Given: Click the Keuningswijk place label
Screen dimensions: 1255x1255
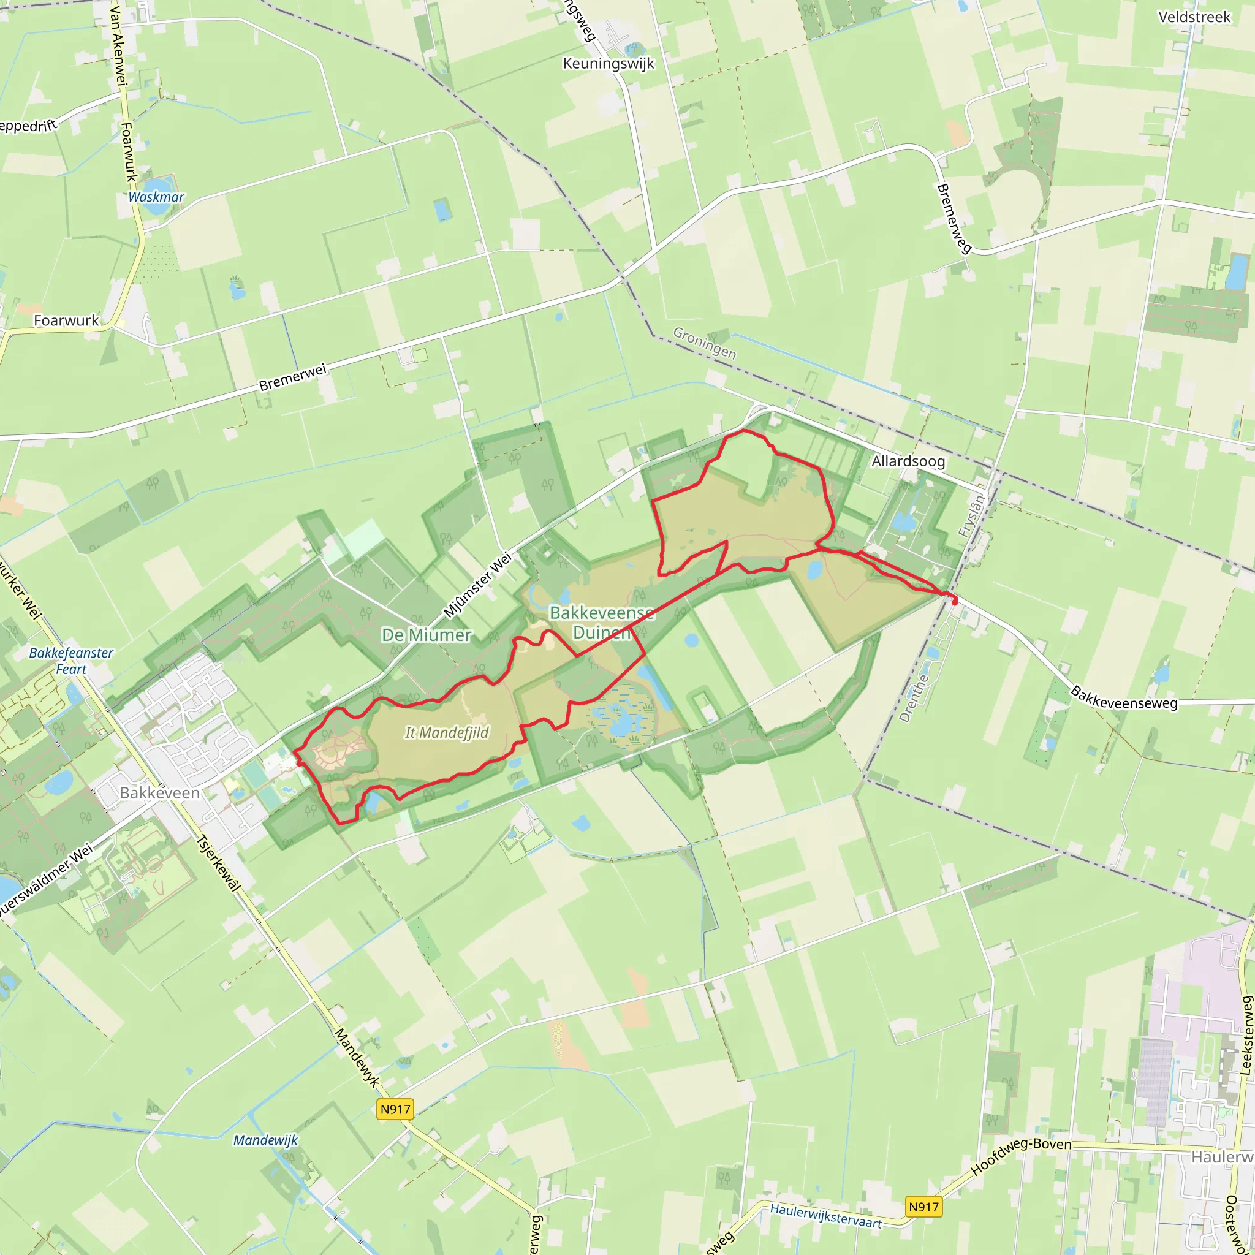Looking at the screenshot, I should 608,64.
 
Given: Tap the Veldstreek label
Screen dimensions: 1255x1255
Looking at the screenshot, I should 1194,18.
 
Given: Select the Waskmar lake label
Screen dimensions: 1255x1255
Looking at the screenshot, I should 156,197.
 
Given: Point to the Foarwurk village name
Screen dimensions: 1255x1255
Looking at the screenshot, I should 66,320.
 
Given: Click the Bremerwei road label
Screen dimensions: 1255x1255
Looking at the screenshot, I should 292,377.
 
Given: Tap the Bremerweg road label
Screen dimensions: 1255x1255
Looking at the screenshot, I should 954,218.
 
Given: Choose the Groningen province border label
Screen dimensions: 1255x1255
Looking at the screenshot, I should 705,343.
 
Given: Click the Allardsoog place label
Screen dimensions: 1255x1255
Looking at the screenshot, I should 908,461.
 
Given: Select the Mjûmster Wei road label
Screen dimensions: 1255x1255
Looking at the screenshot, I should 477,585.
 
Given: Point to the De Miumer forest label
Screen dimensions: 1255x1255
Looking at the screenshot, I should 426,635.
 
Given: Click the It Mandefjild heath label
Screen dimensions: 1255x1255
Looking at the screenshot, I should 447,733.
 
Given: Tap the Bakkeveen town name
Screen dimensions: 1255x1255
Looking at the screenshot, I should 160,792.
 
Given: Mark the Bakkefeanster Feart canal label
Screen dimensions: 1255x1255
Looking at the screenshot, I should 72,661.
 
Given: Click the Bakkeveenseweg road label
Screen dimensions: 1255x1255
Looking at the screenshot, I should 1124,697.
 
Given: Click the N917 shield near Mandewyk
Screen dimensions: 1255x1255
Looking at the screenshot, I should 395,1109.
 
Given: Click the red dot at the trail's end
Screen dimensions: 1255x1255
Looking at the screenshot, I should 954,602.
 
